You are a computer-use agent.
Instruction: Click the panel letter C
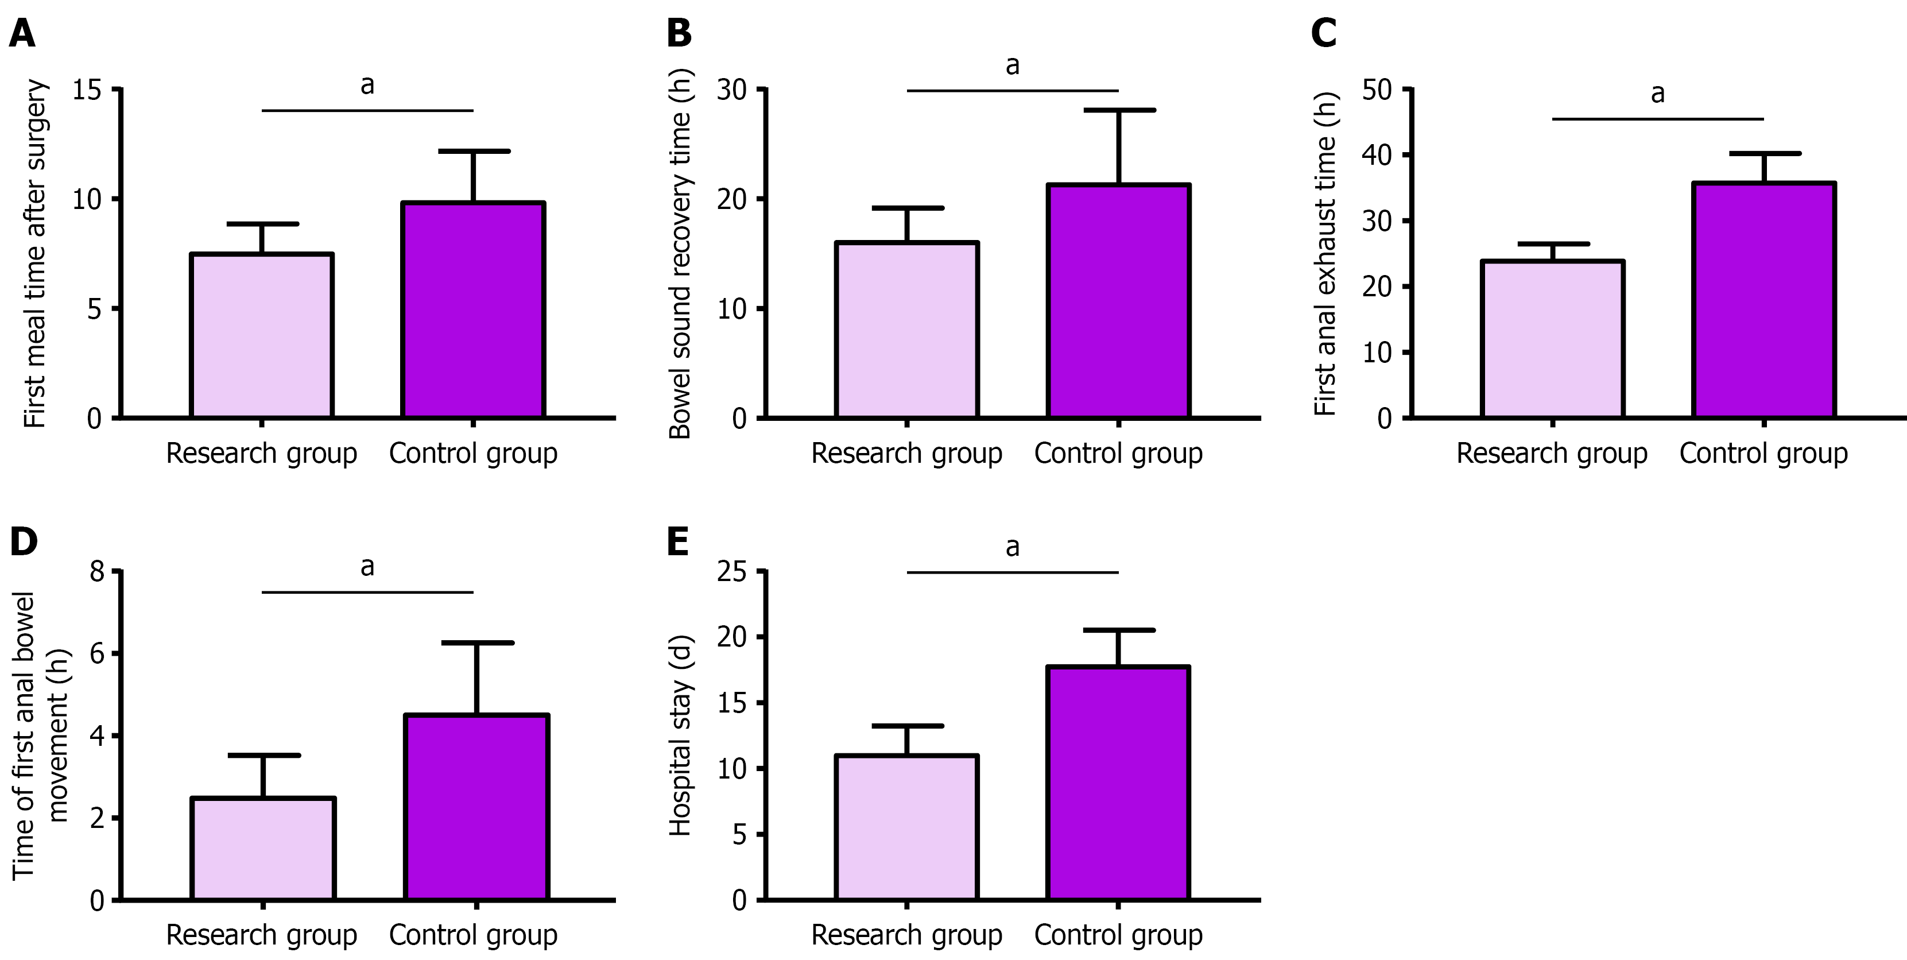(x=1324, y=33)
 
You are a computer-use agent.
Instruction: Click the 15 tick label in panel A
(x=87, y=90)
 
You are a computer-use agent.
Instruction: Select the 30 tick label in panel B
(x=731, y=90)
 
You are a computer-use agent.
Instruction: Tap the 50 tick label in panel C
(x=1377, y=90)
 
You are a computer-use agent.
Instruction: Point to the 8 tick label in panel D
(x=97, y=571)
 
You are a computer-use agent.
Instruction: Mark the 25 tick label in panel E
(x=731, y=571)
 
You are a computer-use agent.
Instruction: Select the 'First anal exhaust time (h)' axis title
(x=1325, y=253)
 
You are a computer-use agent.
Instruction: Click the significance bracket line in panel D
(x=367, y=592)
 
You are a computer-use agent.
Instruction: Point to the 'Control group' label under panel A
(x=473, y=453)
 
